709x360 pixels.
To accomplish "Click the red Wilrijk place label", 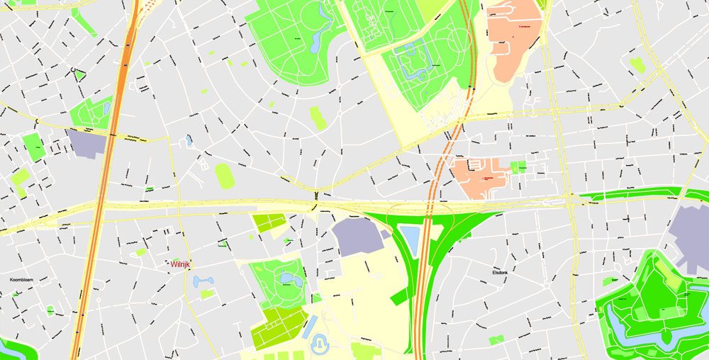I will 181,264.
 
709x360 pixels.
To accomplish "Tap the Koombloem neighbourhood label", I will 23,279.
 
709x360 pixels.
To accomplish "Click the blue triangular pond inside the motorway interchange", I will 411,240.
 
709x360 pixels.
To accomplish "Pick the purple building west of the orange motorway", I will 88,142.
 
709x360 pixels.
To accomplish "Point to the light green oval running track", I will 225,176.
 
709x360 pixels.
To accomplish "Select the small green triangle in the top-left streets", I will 79,74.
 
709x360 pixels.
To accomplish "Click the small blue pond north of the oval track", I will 189,140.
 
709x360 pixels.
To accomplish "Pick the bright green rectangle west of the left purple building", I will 33,146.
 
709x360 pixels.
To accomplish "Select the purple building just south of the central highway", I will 358,237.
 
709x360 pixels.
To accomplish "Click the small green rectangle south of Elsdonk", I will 496,339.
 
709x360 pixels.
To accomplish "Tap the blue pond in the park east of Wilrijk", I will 286,278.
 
